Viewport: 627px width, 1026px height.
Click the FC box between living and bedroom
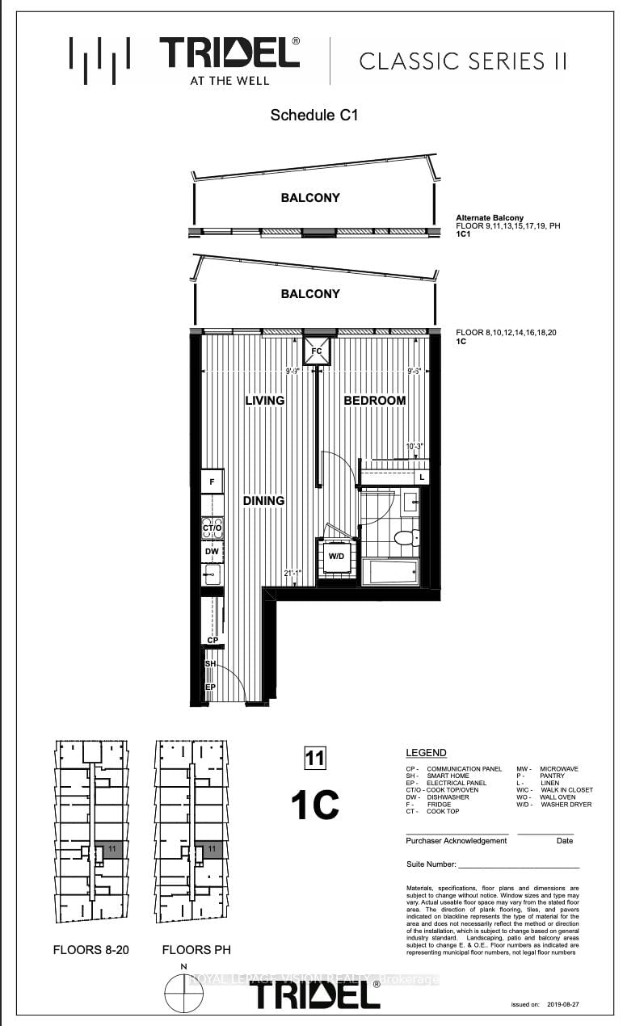[x=317, y=351]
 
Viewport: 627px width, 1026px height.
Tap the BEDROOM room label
[x=375, y=401]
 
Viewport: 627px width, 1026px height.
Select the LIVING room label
[x=265, y=401]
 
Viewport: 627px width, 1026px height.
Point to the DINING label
[x=264, y=501]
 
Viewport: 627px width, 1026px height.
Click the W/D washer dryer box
[x=335, y=556]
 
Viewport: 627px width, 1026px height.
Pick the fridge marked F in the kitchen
[x=212, y=482]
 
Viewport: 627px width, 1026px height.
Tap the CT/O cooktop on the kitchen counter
[x=212, y=529]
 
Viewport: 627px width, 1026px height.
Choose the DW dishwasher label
[x=212, y=552]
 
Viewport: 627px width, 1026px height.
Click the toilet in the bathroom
[x=406, y=537]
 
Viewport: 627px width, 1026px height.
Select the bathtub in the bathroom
[x=389, y=573]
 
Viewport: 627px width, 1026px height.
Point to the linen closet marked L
[x=422, y=477]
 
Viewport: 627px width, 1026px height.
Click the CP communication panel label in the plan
[x=213, y=640]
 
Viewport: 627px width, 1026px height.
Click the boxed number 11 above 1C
[x=313, y=758]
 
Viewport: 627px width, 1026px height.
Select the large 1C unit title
[x=314, y=804]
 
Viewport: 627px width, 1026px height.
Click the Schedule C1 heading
[x=313, y=116]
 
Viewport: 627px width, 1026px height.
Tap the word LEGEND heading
[x=426, y=753]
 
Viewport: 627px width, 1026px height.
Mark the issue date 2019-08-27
[x=562, y=1005]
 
